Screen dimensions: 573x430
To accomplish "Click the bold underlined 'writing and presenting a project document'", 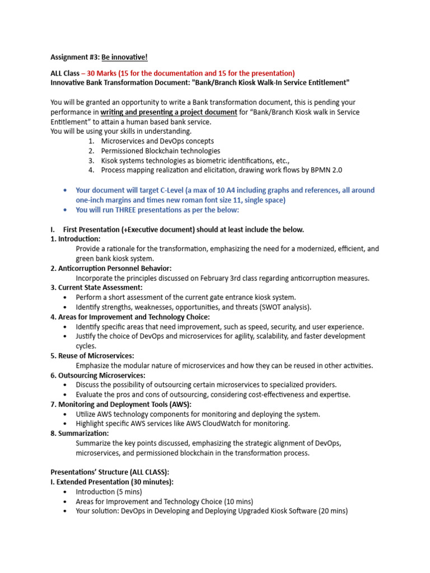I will [169, 112].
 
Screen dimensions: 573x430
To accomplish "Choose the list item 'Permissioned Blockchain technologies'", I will [161, 151].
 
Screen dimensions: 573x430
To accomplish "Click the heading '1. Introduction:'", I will [76, 239].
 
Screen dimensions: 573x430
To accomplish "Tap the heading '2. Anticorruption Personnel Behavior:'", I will [111, 268].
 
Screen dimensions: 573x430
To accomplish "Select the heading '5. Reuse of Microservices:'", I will [92, 356].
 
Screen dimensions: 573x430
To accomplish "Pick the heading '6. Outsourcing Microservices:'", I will [98, 375].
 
